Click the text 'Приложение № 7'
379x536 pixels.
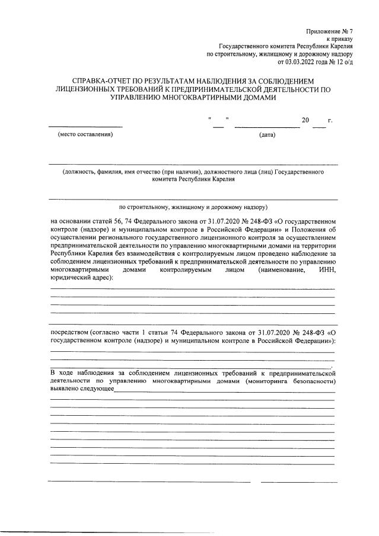coord(330,30)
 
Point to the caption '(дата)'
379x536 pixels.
coord(267,135)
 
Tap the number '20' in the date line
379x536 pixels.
coord(306,121)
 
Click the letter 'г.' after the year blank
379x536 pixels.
coord(330,121)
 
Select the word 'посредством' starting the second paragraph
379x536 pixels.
coord(69,333)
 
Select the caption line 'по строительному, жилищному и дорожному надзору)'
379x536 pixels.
coord(193,207)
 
